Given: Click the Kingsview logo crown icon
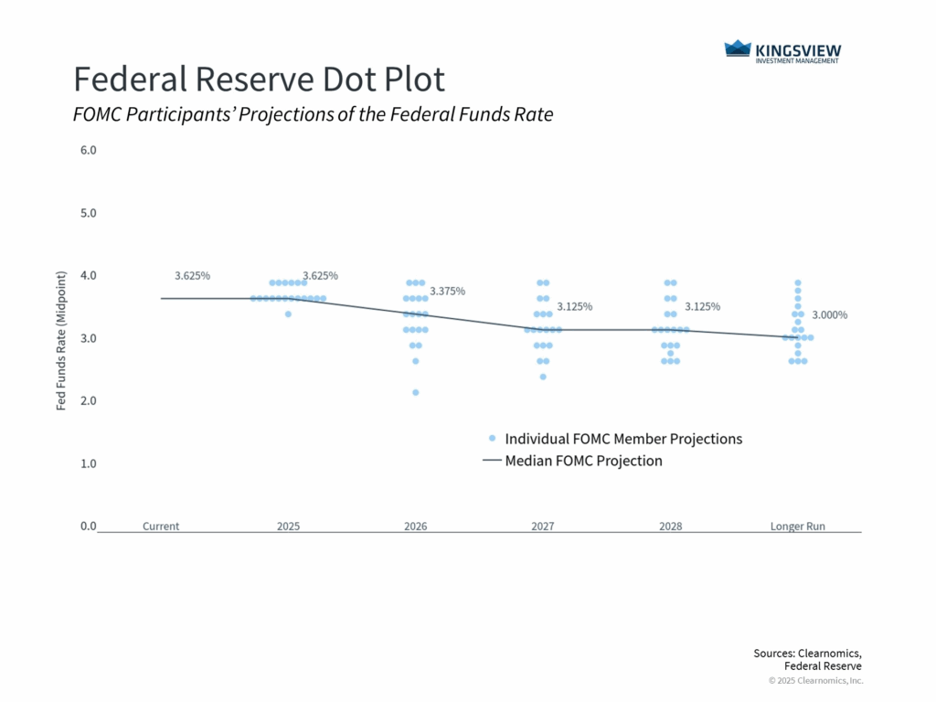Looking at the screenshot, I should pos(738,49).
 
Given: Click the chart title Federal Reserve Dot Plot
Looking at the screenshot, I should pos(259,80).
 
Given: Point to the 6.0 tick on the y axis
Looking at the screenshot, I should pos(89,150).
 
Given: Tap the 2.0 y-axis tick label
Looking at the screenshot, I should pos(89,400).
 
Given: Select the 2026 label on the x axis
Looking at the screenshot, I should pos(416,526).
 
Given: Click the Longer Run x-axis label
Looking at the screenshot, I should pos(799,526).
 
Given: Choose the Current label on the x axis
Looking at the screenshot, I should pos(161,526).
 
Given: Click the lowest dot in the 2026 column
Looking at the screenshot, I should pos(416,392).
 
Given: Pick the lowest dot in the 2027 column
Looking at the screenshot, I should pos(543,377).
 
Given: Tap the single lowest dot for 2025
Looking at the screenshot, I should pos(288,314).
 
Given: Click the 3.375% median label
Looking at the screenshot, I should pos(448,291).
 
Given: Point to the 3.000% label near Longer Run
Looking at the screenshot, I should pos(829,315).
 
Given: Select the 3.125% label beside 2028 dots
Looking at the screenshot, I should pos(701,306).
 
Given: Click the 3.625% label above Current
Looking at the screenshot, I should pos(192,275).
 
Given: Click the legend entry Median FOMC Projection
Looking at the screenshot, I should pos(583,461).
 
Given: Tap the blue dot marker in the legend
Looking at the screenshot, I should pos(493,439).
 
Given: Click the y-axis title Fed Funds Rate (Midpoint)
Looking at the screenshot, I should pos(61,340).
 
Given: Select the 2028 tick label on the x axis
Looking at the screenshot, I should pos(671,526).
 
